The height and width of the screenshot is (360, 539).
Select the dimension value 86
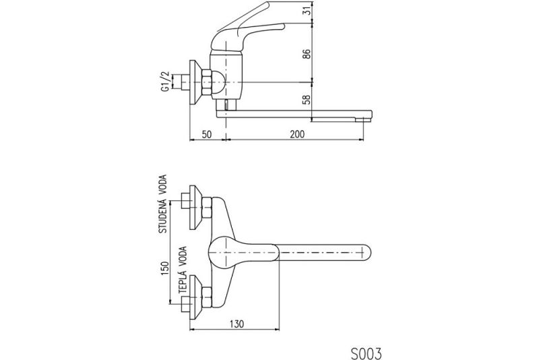307,53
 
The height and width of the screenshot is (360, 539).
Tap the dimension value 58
307,100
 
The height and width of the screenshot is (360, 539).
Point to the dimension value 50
206,134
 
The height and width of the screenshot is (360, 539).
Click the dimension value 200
296,134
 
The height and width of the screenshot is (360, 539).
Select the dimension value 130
236,324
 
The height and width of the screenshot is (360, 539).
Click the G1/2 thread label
165,82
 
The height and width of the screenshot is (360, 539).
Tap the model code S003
366,353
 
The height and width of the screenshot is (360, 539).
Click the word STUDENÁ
162,216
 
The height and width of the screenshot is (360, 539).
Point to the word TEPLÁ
183,284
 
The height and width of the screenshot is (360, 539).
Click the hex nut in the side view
207,82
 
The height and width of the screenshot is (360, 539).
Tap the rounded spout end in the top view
367,253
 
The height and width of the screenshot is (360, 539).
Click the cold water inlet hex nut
207,208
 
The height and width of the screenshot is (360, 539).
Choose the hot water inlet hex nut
207,297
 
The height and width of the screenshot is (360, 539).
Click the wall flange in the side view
195,82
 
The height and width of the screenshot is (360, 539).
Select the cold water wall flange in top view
195,208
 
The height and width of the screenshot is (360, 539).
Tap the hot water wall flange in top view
195,297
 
